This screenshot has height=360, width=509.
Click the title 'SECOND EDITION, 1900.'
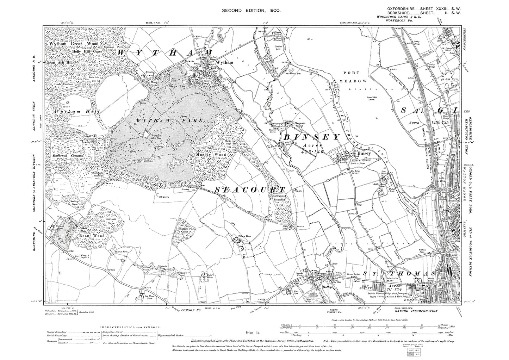pos(251,11)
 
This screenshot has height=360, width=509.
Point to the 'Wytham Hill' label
pos(77,111)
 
